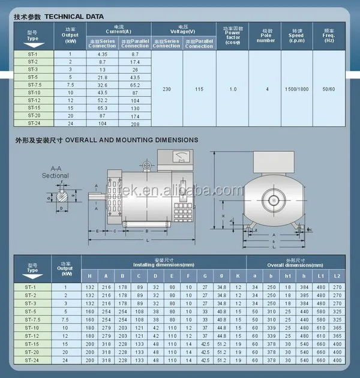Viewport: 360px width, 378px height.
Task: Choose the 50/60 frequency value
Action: [329, 89]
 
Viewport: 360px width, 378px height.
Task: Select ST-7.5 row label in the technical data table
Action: [32, 85]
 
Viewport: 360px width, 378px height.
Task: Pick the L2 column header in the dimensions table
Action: [337, 275]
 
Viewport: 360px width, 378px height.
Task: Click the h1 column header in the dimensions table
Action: [287, 275]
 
